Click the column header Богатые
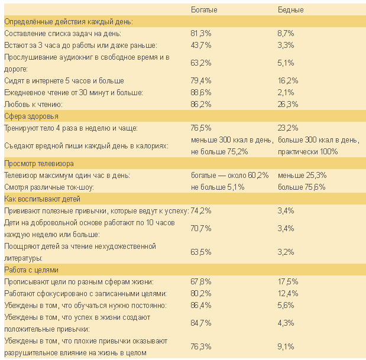tap(204, 10)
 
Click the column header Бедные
tap(290, 10)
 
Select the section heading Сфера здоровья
tap(31, 116)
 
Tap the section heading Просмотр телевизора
tap(42, 163)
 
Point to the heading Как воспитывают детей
tap(42, 199)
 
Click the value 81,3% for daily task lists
tap(201, 34)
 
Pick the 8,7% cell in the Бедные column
tap(286, 34)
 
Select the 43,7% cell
tap(201, 46)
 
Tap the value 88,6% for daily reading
tap(201, 92)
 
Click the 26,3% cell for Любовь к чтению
tap(288, 104)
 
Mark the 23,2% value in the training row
tap(288, 128)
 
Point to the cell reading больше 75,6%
tap(302, 187)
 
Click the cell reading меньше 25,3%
tap(302, 176)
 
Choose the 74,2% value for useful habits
tap(201, 210)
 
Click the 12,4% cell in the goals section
tap(288, 293)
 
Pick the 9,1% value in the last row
tap(286, 346)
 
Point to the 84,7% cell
tap(201, 323)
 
